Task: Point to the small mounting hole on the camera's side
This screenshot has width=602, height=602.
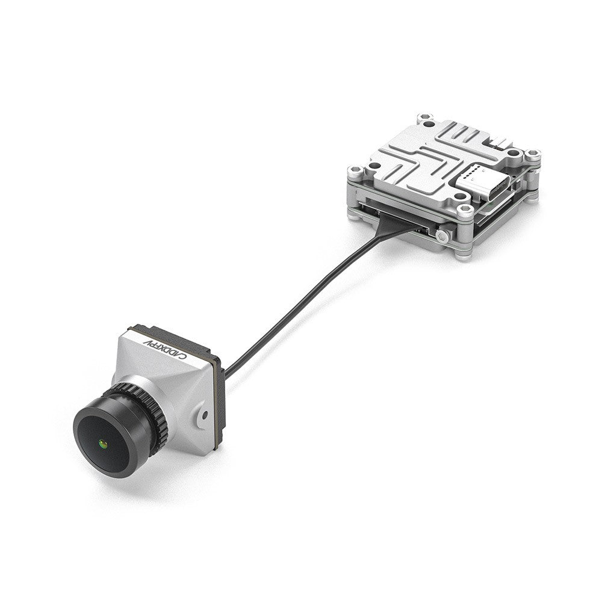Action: click(205, 415)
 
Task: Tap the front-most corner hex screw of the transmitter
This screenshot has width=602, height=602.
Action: click(464, 211)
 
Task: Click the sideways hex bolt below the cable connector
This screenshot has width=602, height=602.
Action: click(444, 235)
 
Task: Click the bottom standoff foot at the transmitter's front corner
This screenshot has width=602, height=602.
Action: click(462, 255)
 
